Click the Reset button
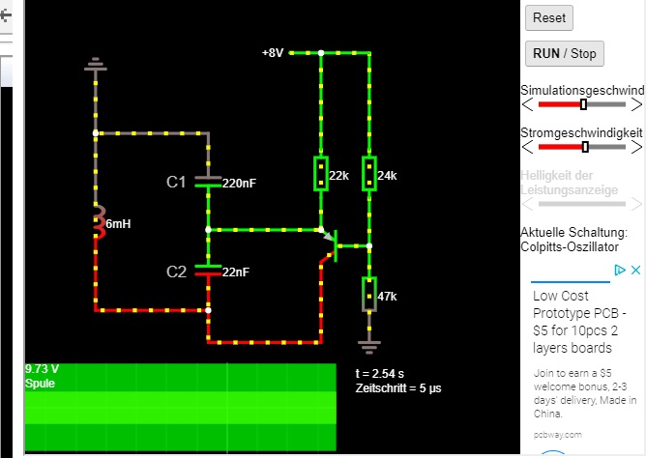[549, 17]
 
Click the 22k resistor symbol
[320, 174]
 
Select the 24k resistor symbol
[369, 174]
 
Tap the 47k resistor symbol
[369, 295]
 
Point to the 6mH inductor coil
[97, 223]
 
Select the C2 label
[176, 272]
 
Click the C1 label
[176, 182]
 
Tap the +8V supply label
[272, 53]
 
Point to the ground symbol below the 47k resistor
[369, 342]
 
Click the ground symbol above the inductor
[95, 65]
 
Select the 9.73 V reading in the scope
[43, 369]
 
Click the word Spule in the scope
[42, 383]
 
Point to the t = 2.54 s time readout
[381, 373]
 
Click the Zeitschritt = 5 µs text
[398, 387]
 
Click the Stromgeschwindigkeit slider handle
[585, 147]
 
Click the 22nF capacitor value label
[236, 272]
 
